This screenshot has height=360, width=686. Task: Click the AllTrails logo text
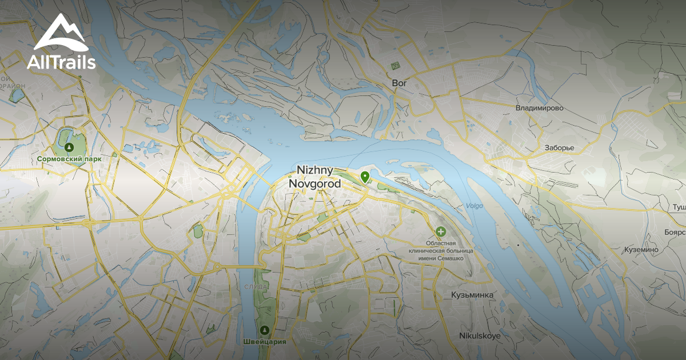61,62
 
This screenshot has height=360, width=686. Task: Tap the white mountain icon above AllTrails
61,33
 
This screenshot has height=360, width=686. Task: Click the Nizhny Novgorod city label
315,177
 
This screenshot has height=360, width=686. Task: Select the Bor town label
399,83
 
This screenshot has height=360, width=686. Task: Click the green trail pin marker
365,177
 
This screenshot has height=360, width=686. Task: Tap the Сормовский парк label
69,159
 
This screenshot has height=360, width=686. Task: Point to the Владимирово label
539,108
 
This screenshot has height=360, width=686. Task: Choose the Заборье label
559,148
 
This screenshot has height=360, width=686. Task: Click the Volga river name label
474,206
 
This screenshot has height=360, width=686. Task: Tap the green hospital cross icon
441,232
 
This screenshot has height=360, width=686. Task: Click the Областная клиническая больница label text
440,250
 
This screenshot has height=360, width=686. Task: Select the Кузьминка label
472,295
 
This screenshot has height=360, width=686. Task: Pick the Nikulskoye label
480,336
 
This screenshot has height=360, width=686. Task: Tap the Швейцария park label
264,342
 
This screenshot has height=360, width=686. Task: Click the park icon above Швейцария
264,330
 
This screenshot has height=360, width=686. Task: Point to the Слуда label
254,286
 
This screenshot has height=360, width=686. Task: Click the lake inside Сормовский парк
66,137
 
